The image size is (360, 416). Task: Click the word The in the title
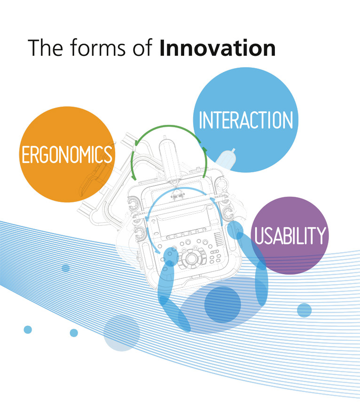[x=45, y=48]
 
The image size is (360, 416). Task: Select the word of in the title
[x=142, y=48]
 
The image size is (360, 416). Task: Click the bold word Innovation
[x=218, y=48]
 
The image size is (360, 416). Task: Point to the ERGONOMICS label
[x=67, y=154]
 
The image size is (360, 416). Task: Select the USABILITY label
[x=290, y=235]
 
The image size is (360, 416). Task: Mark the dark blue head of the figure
[x=222, y=305]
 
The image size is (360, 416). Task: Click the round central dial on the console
[x=191, y=258]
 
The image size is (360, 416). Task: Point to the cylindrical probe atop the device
[x=171, y=159]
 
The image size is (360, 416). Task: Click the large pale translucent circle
[x=122, y=333]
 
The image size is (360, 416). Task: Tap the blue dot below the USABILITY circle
[x=304, y=310]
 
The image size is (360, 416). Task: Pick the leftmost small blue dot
[x=28, y=330]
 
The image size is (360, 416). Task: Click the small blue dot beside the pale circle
[x=74, y=333]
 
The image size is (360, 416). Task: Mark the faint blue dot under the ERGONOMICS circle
[x=66, y=268]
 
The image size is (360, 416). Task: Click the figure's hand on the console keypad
[x=171, y=256]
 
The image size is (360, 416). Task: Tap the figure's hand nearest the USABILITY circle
[x=235, y=230]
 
